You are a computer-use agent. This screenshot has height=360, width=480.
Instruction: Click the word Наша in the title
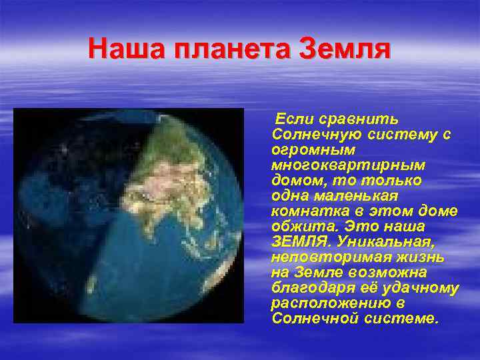pos(121,49)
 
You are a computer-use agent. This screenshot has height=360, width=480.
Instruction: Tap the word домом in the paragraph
pos(294,181)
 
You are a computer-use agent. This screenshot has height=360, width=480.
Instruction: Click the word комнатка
pos(303,211)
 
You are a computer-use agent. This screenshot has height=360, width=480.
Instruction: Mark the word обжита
pos(296,227)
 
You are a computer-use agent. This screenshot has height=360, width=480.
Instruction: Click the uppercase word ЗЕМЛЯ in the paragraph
pos(295,242)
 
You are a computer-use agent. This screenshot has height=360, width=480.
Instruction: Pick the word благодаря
pos(305,288)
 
